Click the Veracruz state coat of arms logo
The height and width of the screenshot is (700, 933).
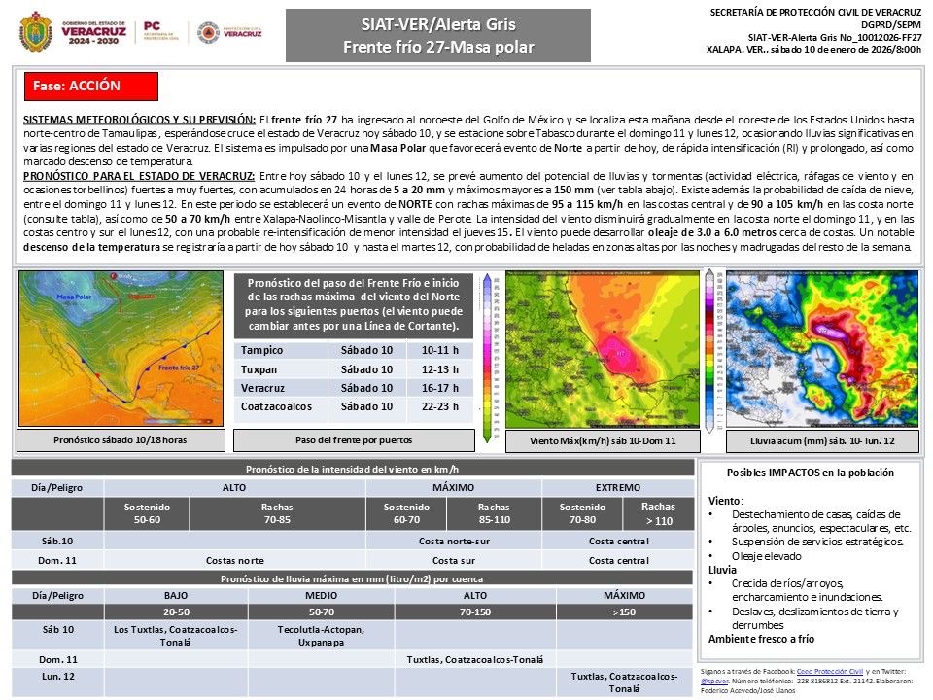[36, 32]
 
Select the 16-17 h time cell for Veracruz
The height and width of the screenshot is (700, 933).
[446, 387]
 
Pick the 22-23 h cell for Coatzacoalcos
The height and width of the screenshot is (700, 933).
[446, 405]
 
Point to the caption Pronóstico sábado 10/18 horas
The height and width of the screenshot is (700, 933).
[121, 440]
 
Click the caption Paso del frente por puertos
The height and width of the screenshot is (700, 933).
[353, 440]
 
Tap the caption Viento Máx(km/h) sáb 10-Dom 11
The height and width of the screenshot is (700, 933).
[602, 440]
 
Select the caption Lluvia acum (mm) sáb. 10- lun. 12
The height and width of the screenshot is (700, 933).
[822, 440]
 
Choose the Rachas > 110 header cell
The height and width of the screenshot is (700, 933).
[658, 512]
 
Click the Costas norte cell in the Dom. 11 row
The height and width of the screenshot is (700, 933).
[234, 560]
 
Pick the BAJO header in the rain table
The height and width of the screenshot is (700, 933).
[176, 594]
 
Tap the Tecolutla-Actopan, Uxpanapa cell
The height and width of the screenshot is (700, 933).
[320, 635]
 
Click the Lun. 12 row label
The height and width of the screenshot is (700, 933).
[57, 675]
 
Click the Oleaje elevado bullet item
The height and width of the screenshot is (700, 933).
[768, 555]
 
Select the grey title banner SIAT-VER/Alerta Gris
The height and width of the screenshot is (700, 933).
[437, 35]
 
